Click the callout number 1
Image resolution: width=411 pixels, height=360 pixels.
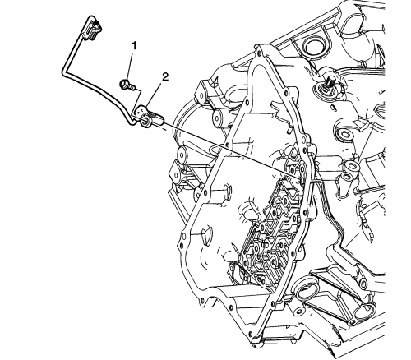click(x=134, y=46)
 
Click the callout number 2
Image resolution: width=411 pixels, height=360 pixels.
click(x=164, y=77)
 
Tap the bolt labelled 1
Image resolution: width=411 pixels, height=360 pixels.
click(x=127, y=85)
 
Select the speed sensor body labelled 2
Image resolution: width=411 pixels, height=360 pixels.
click(x=150, y=117)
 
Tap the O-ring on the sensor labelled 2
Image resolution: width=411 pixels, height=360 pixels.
click(x=145, y=121)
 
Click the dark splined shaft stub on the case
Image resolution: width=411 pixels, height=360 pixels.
click(x=330, y=81)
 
